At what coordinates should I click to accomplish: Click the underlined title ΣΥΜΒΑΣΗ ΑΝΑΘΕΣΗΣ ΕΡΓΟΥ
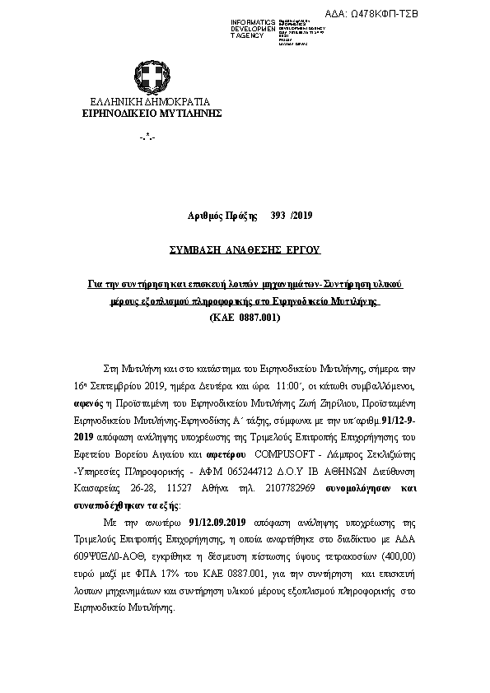[x=244, y=249]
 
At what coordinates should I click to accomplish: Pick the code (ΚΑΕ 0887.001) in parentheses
[x=245, y=317]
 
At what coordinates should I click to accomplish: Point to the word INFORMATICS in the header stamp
[x=252, y=21]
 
